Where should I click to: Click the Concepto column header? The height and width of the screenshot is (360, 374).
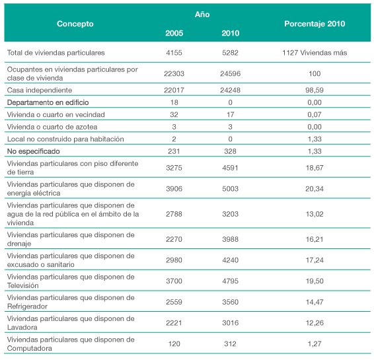pos(75,24)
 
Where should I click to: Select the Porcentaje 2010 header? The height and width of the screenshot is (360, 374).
pos(315,24)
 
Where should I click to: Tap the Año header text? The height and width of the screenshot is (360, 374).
pos(202,15)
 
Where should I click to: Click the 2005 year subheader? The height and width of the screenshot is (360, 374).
pos(174,33)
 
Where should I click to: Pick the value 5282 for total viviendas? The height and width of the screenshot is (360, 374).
pos(230,53)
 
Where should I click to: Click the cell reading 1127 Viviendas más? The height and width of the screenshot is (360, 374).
pos(315,53)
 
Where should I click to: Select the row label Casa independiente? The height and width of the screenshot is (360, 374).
pos(40,90)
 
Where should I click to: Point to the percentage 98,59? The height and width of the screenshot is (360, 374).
pos(315,90)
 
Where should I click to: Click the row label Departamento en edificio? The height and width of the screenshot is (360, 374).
pos(48,102)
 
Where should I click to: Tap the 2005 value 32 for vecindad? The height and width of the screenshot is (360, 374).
pos(174,115)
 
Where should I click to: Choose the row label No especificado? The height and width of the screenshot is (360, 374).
pos(34,151)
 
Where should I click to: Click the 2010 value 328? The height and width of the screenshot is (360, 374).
pos(230,151)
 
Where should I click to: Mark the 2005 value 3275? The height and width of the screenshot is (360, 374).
pos(174,168)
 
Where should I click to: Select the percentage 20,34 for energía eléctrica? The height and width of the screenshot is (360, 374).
pos(315,189)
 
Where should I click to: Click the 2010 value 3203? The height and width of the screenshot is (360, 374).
pos(230,214)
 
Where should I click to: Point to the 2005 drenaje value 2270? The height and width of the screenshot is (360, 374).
pos(174,239)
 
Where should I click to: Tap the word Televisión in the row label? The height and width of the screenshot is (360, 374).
pos(23,285)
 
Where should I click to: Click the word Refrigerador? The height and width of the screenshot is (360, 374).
pos(28,306)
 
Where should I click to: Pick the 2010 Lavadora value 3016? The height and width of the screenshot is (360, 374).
pos(230,323)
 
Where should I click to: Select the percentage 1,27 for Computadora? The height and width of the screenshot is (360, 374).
pos(315,343)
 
